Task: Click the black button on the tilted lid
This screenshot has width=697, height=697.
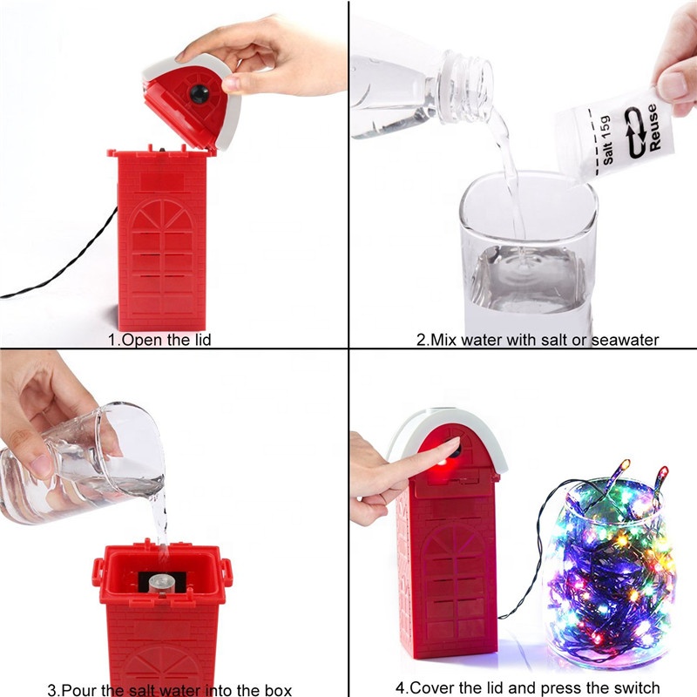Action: [200, 94]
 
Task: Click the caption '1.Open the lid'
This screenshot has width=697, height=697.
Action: [159, 340]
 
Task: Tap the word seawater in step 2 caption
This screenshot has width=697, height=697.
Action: [625, 340]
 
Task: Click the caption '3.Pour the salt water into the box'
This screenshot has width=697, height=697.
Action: [169, 689]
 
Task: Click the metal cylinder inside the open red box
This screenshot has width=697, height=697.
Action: [161, 584]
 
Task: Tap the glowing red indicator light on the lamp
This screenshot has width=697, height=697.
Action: [442, 463]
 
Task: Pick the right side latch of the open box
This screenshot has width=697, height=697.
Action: [227, 572]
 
